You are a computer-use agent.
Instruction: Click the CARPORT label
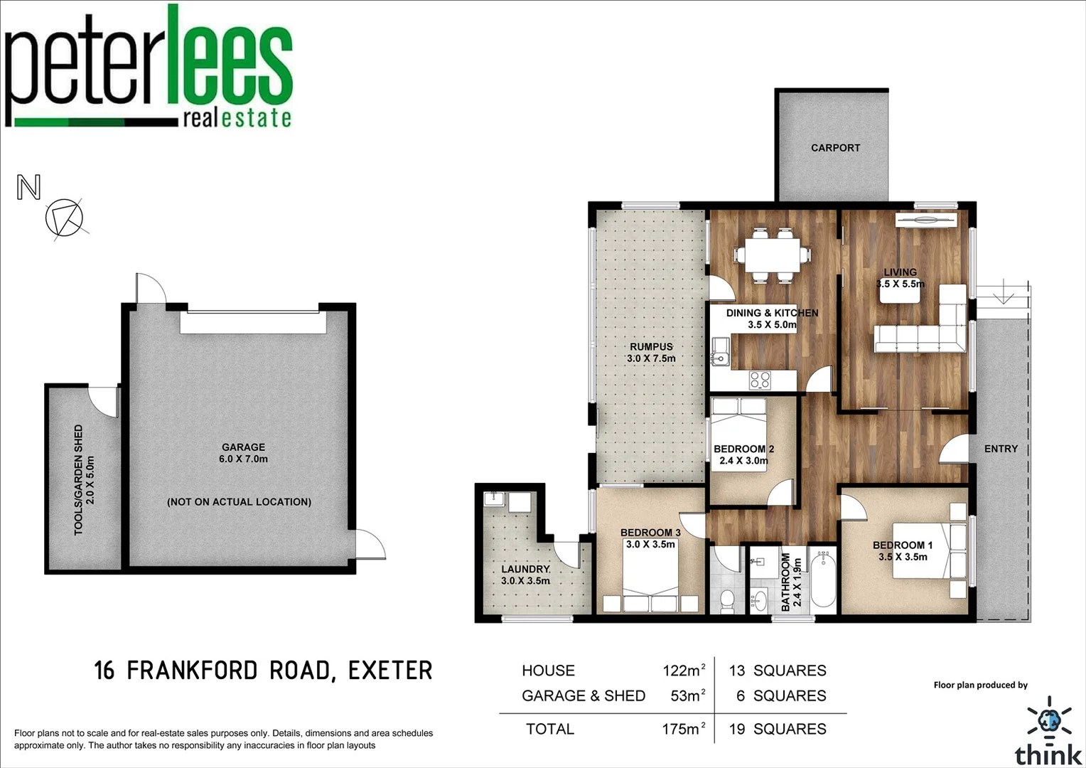coord(835,148)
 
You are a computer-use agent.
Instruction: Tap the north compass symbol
coord(64,218)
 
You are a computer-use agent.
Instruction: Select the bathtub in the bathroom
coord(823,577)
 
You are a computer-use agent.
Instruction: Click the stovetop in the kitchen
coord(760,380)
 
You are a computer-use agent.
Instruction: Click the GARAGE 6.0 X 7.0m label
coord(243,453)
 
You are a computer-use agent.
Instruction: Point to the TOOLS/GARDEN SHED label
coord(84,480)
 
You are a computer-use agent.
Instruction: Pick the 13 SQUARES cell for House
coord(778,671)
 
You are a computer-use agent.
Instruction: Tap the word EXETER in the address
coord(390,671)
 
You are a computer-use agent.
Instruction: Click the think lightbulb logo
coord(1049,720)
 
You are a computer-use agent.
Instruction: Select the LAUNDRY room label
coord(525,575)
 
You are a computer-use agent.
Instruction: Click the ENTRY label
coord(1001,449)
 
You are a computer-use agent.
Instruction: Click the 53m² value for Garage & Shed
coord(687,696)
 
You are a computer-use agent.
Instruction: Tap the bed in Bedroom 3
coord(650,580)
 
